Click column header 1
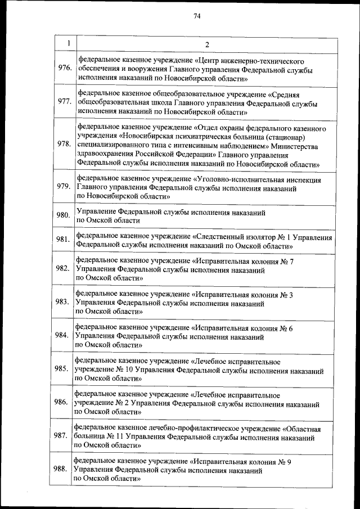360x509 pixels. tap(67, 43)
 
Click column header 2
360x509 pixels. tap(206, 44)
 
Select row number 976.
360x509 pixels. tap(65, 68)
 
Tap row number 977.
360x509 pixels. tap(65, 102)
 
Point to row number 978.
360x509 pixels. tap(64, 143)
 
